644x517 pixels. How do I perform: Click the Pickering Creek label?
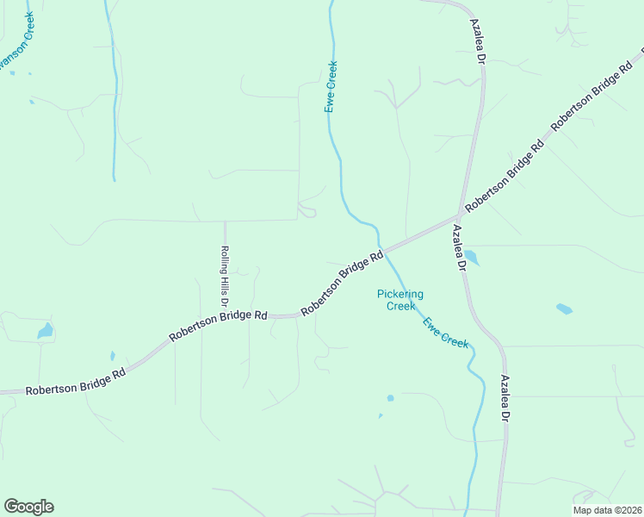coord(400,300)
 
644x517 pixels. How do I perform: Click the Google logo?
coord(28,507)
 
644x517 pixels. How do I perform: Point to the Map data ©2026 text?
coord(607,510)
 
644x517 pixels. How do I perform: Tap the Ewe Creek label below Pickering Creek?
coord(445,333)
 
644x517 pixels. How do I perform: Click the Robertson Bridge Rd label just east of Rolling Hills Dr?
coord(218,326)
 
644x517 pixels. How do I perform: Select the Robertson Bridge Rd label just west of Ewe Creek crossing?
coord(342,283)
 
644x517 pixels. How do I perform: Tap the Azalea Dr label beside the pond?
coord(458,249)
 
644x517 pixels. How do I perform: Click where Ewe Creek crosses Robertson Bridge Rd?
coord(381,252)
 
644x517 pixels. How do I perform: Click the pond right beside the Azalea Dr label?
coord(471,258)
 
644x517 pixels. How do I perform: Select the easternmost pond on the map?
coord(564,308)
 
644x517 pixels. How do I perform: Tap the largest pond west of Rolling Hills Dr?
coord(45,331)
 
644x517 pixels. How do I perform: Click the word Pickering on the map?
coord(400,294)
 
